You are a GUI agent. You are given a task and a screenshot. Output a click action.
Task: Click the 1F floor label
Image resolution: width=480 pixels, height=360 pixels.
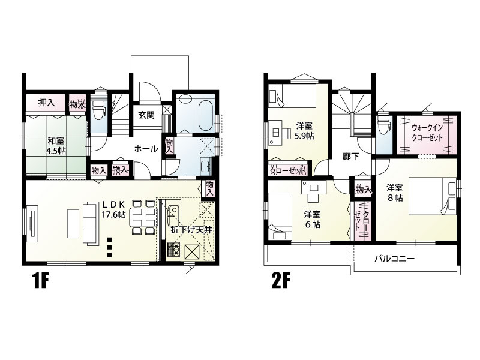coord(37,282)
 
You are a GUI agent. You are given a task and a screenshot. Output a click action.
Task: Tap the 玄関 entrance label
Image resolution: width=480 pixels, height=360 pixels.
coord(148,115)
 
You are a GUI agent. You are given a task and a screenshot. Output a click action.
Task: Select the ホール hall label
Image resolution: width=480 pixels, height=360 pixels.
coord(146,148)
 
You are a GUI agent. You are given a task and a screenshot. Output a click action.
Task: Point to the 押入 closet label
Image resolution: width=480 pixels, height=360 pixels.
coord(47,103)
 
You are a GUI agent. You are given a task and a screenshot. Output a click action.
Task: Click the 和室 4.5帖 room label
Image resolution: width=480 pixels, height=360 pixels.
coord(56,146)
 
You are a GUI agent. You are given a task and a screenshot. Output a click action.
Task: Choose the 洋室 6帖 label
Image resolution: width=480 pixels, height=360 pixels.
coord(311,219)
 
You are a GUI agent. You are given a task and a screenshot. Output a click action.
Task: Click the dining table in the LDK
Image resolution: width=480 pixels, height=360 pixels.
coord(143,217)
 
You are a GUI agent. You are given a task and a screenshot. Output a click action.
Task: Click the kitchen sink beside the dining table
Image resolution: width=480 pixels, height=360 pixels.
coord(175,212)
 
